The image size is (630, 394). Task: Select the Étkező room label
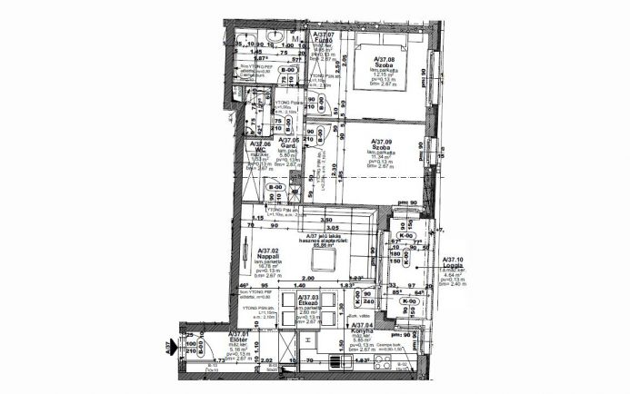309,303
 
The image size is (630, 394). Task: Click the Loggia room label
452,267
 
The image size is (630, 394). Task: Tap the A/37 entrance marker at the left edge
169,347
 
